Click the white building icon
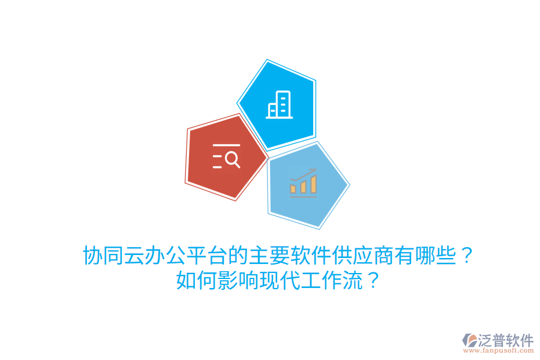(x=279, y=104)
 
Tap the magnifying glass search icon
(x=226, y=157)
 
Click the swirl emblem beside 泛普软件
(x=470, y=341)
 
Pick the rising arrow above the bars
(x=304, y=175)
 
